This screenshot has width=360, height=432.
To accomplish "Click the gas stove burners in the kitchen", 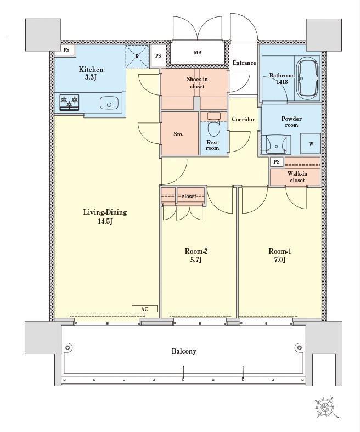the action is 69,102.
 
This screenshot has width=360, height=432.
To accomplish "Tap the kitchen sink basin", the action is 109,103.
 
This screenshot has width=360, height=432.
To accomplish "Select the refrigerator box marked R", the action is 137,56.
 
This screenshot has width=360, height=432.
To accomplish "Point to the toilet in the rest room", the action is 213,125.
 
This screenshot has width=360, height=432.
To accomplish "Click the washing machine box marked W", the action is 311,143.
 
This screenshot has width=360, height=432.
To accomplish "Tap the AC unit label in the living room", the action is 145,309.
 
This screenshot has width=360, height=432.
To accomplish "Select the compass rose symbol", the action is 325,407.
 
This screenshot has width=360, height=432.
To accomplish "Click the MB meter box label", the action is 198,52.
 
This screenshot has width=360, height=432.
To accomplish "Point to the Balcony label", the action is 184,351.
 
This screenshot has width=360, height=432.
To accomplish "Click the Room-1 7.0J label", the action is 280,255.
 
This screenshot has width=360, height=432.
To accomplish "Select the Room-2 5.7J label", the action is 196,255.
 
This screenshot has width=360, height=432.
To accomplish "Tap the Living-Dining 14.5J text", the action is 105,216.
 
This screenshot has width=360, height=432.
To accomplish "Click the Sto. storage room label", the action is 178,134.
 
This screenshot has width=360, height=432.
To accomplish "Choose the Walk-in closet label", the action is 297,177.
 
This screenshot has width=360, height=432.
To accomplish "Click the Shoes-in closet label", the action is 197,83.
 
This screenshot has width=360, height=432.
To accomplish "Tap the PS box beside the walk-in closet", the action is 277,162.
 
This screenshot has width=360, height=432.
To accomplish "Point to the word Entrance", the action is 244,63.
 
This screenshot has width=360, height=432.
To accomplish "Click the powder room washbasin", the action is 276,144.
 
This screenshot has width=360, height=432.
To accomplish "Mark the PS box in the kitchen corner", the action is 66,50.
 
